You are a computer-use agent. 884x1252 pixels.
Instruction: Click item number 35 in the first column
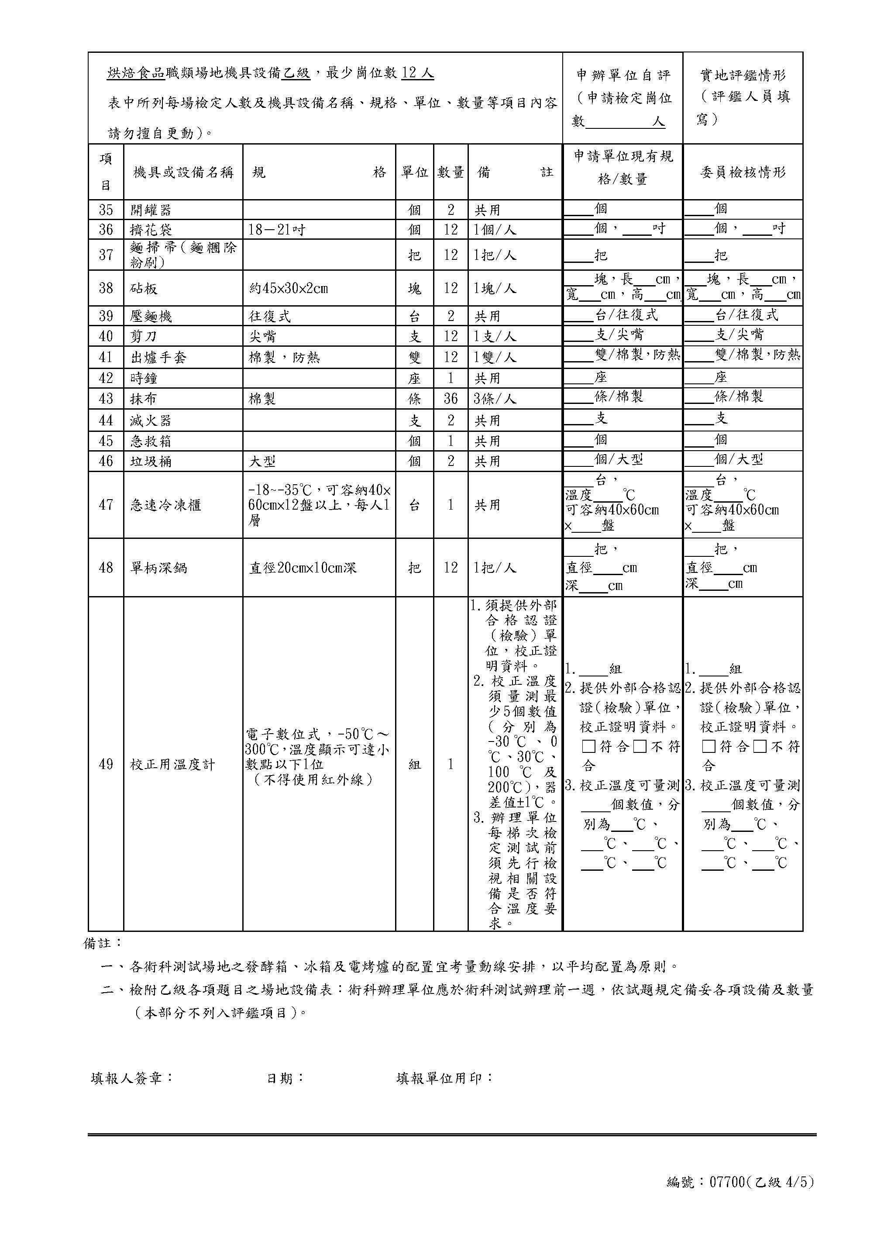(106, 210)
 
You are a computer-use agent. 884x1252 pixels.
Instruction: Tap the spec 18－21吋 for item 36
(276, 230)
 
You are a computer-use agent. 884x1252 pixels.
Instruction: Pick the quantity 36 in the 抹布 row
(450, 399)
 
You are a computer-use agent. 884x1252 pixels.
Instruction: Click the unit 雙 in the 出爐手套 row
(414, 357)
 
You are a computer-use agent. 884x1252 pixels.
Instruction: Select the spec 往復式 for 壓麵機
(270, 316)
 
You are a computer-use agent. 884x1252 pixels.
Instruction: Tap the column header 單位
(414, 172)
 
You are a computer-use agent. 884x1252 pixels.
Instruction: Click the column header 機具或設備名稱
(183, 172)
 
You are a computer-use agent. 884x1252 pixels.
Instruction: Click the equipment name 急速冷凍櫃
(166, 505)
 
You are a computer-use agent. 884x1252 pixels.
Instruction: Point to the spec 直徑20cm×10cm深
(303, 568)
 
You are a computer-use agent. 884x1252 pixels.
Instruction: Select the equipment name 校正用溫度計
(172, 765)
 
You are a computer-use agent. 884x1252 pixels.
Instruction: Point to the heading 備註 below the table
(103, 943)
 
